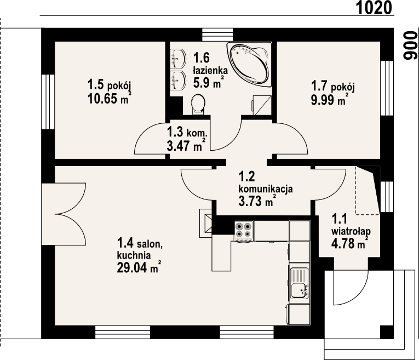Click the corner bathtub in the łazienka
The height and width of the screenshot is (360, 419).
pyautogui.click(x=249, y=64)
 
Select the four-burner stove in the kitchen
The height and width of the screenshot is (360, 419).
pyautogui.click(x=243, y=230)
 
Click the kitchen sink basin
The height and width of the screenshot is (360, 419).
pyautogui.click(x=299, y=290)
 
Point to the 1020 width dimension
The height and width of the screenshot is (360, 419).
pyautogui.click(x=375, y=8)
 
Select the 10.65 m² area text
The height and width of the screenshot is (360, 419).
pyautogui.click(x=110, y=99)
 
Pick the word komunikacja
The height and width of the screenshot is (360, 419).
pyautogui.click(x=265, y=189)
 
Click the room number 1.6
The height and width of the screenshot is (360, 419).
pyautogui.click(x=202, y=58)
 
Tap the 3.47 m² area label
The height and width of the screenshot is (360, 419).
pyautogui.click(x=186, y=146)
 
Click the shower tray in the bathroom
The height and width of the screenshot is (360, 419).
pyautogui.click(x=262, y=105)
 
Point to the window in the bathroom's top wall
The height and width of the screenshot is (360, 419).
pyautogui.click(x=217, y=35)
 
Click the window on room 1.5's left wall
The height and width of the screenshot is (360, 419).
pyautogui.click(x=48, y=102)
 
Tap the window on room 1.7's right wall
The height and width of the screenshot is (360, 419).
pyautogui.click(x=387, y=88)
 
